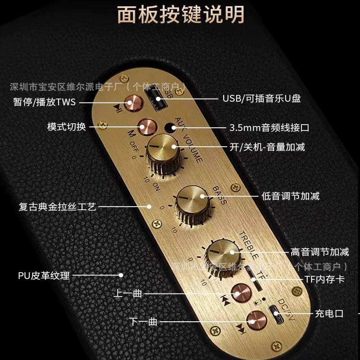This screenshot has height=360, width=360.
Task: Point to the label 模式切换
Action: [66, 127]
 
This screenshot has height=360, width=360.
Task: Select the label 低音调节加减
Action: [291, 196]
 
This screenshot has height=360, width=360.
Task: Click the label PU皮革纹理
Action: [44, 275]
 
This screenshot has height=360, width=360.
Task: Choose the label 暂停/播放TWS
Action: [45, 102]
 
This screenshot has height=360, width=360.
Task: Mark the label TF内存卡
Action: [324, 279]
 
